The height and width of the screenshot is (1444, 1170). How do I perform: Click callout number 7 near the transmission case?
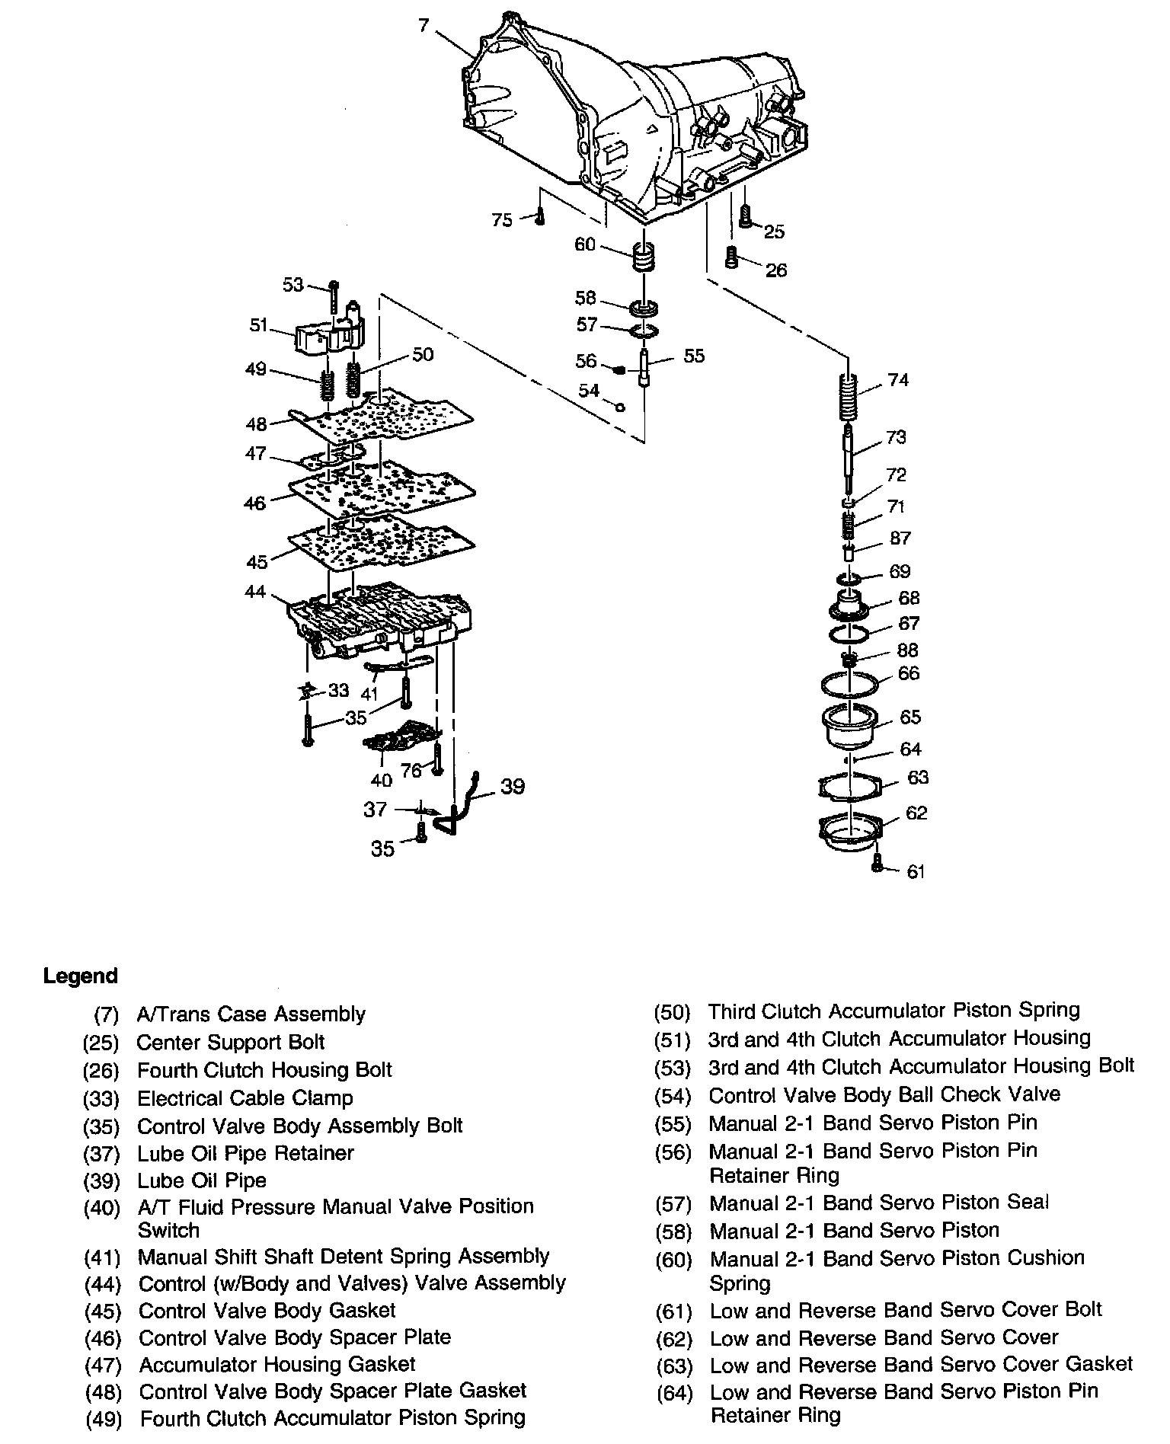(x=424, y=26)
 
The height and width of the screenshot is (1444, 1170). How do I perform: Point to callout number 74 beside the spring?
(x=899, y=379)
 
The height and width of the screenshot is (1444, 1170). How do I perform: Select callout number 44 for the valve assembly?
(x=255, y=591)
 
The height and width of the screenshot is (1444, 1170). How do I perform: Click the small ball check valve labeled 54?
(x=620, y=407)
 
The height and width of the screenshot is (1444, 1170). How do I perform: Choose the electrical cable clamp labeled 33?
(x=307, y=691)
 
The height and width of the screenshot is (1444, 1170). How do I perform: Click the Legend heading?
(x=81, y=976)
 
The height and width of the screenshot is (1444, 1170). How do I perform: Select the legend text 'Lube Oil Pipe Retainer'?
(x=245, y=1153)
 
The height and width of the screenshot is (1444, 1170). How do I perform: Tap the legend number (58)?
(x=673, y=1232)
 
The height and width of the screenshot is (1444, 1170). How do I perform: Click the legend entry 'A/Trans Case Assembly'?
(x=251, y=1014)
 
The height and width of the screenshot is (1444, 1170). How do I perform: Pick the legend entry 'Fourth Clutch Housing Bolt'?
(x=264, y=1070)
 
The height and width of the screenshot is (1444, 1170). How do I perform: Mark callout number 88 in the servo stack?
(x=907, y=650)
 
